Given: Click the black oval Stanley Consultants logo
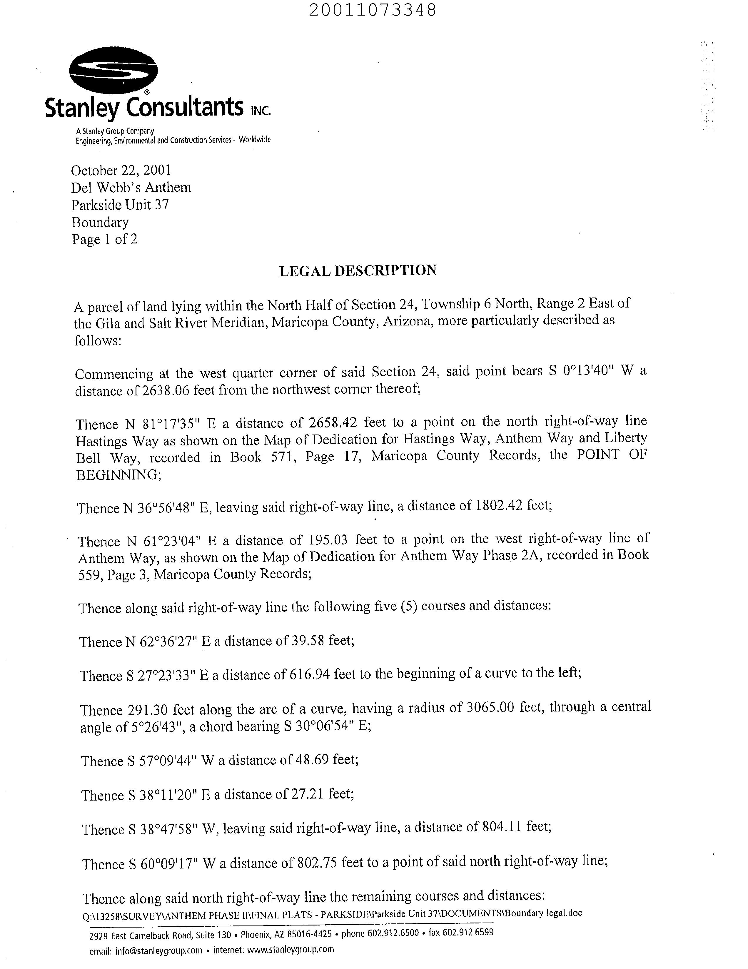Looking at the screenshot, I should pos(113,71).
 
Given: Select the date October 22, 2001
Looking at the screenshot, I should pos(121,170).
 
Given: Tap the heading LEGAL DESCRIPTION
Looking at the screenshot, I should pos(358,270).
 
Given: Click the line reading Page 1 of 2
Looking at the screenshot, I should pos(105,240).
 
